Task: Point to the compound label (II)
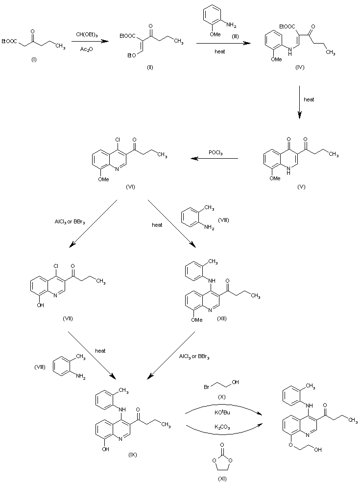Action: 150,68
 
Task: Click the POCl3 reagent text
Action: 216,153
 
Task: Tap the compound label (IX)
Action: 132,455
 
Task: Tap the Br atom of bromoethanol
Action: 207,387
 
